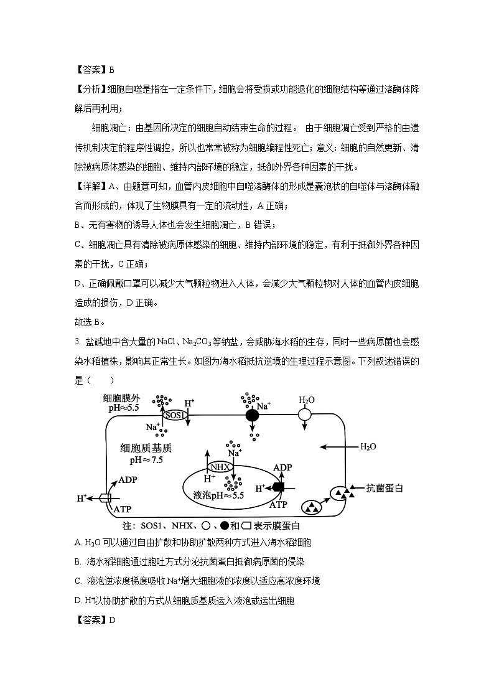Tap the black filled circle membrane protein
pyautogui.click(x=252, y=415)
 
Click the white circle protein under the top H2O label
pyautogui.click(x=305, y=414)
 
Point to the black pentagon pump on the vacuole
pyautogui.click(x=278, y=487)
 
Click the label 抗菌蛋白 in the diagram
pyautogui.click(x=384, y=488)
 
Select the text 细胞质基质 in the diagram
pyautogui.click(x=146, y=448)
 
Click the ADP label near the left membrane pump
pyautogui.click(x=128, y=480)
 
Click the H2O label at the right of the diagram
pyautogui.click(x=368, y=446)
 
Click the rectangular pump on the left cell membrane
pyautogui.click(x=105, y=498)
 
